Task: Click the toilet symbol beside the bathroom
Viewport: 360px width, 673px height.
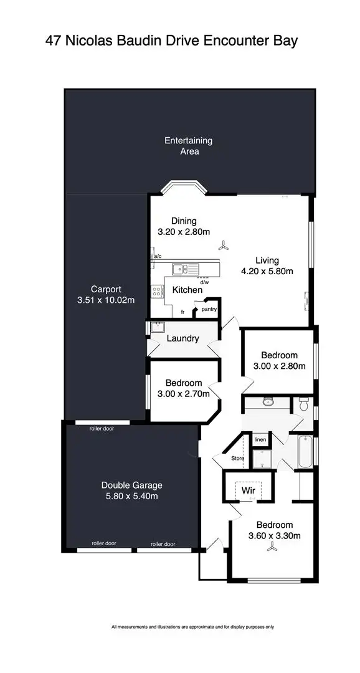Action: point(304,404)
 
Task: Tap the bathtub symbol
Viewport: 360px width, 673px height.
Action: point(305,453)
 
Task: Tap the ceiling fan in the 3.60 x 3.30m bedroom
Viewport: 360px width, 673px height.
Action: point(272,548)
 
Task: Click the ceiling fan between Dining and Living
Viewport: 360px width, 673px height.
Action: point(228,246)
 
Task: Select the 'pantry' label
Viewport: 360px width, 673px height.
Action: point(209,308)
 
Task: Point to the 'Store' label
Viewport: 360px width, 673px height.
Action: point(237,459)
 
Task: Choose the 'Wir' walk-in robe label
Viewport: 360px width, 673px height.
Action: point(248,490)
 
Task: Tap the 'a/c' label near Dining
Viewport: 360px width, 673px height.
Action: point(158,256)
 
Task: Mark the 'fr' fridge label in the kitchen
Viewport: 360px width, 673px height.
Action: point(183,311)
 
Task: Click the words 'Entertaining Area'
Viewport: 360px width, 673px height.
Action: point(188,146)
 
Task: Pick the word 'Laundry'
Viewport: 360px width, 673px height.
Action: point(183,338)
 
